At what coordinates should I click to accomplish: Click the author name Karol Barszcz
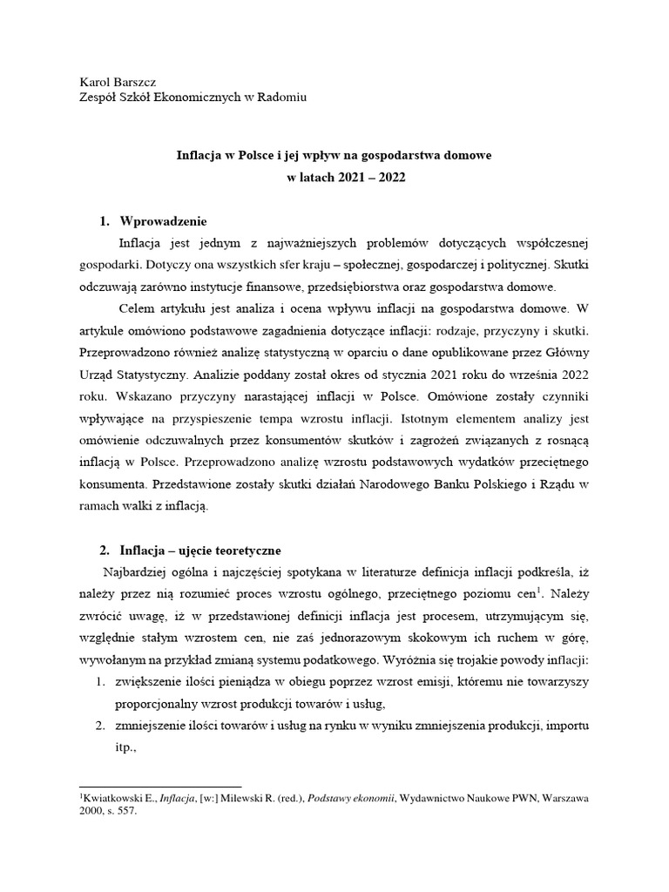click(x=118, y=82)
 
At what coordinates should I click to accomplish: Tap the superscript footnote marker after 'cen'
click(x=538, y=590)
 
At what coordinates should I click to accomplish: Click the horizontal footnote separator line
click(x=159, y=786)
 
